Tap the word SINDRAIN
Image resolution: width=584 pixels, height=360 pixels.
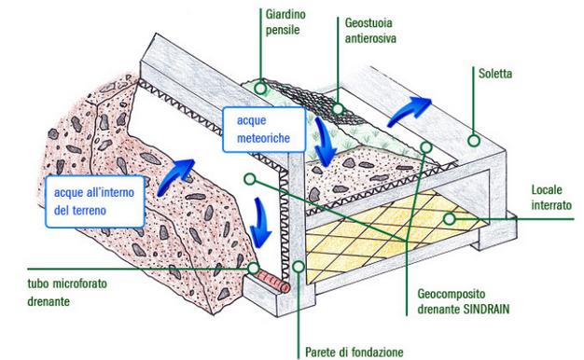[x=486, y=309]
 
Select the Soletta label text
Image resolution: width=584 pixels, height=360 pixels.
[x=495, y=74]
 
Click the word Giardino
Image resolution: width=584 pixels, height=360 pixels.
[x=285, y=15]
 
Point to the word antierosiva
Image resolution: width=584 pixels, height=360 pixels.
[x=370, y=39]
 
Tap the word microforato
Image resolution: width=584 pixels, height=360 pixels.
[x=79, y=284]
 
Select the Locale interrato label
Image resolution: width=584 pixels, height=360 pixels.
[x=551, y=198]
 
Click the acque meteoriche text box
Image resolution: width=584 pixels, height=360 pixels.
[x=264, y=130]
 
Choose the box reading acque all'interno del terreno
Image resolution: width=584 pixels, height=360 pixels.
[x=94, y=201]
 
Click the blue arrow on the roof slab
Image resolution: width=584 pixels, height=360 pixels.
[x=409, y=111]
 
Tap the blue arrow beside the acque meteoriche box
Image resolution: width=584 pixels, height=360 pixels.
[x=323, y=142]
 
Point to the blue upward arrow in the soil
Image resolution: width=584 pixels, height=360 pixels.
[x=174, y=175]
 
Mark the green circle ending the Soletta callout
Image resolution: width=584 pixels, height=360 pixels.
[x=473, y=141]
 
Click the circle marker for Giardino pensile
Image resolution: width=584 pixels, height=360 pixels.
[x=260, y=89]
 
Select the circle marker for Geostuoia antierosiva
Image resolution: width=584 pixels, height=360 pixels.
[x=338, y=109]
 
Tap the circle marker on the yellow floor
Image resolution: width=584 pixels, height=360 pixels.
[x=450, y=219]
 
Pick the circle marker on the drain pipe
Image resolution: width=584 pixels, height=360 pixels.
[x=254, y=268]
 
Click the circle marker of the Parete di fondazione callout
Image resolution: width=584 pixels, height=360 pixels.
[x=299, y=266]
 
